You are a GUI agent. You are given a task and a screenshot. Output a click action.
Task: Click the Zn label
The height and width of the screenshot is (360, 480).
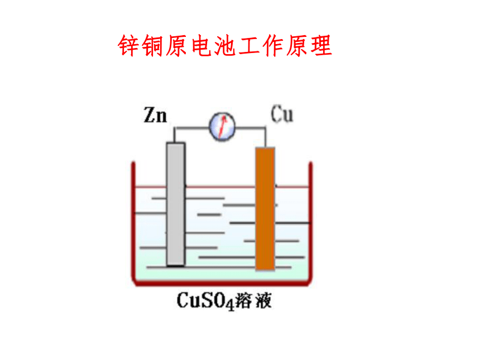(x=156, y=115)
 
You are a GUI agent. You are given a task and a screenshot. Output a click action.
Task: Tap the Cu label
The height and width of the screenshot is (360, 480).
(x=282, y=114)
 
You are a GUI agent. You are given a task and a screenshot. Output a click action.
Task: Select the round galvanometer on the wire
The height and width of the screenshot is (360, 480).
(x=222, y=127)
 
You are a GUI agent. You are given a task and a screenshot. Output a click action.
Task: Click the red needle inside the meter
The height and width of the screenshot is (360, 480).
(x=223, y=126)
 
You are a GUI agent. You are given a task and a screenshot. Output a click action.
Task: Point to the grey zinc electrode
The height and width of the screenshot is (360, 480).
(x=176, y=204)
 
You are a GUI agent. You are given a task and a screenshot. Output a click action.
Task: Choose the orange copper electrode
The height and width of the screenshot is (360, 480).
(x=265, y=209)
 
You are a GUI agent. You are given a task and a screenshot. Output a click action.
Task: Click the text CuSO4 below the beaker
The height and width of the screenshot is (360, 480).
(x=205, y=301)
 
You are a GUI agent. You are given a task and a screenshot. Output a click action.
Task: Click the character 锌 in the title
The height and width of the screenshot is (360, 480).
(x=129, y=45)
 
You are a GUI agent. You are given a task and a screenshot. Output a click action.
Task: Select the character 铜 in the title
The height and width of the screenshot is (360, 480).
(x=153, y=45)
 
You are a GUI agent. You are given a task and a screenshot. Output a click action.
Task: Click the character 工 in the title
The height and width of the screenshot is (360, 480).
(x=249, y=45)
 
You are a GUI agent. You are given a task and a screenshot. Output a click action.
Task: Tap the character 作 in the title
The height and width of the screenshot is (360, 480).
(x=273, y=45)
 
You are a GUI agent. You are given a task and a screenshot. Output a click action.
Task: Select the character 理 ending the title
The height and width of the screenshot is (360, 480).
(x=321, y=45)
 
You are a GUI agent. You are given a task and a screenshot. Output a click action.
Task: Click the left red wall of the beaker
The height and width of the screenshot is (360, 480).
(x=133, y=221)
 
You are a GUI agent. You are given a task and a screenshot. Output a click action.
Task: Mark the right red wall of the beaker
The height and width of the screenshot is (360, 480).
(x=310, y=221)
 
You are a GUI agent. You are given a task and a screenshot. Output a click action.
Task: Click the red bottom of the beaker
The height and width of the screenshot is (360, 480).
(x=222, y=283)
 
